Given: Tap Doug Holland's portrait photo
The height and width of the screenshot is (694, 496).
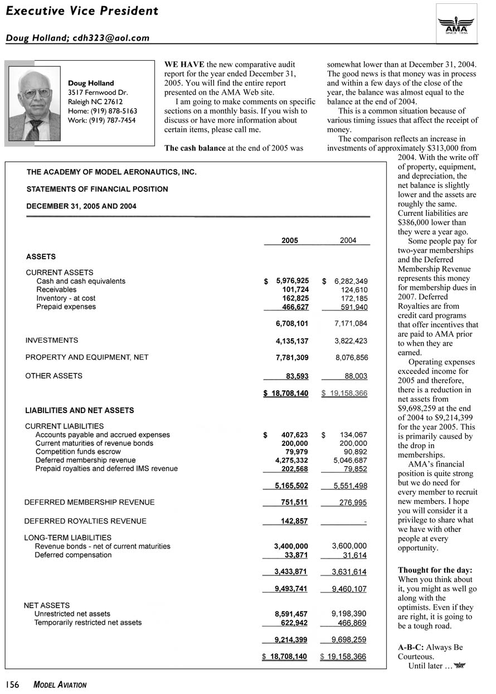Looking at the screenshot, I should coord(35,104).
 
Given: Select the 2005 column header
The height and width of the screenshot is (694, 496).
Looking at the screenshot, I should coord(289,240).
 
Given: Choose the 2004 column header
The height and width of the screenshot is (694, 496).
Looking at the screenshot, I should coord(348,240).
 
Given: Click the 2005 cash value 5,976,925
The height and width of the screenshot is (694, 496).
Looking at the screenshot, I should coord(293,281).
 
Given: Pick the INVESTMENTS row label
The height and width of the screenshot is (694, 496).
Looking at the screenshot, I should coord(52,340).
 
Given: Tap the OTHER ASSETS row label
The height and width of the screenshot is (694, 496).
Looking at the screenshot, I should coord(54,376).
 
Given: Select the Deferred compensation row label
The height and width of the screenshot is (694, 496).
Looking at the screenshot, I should coord(73,555).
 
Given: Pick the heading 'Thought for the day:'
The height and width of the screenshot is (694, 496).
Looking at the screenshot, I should coord(435,570).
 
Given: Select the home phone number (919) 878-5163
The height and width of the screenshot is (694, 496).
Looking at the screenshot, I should coord(103,111).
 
